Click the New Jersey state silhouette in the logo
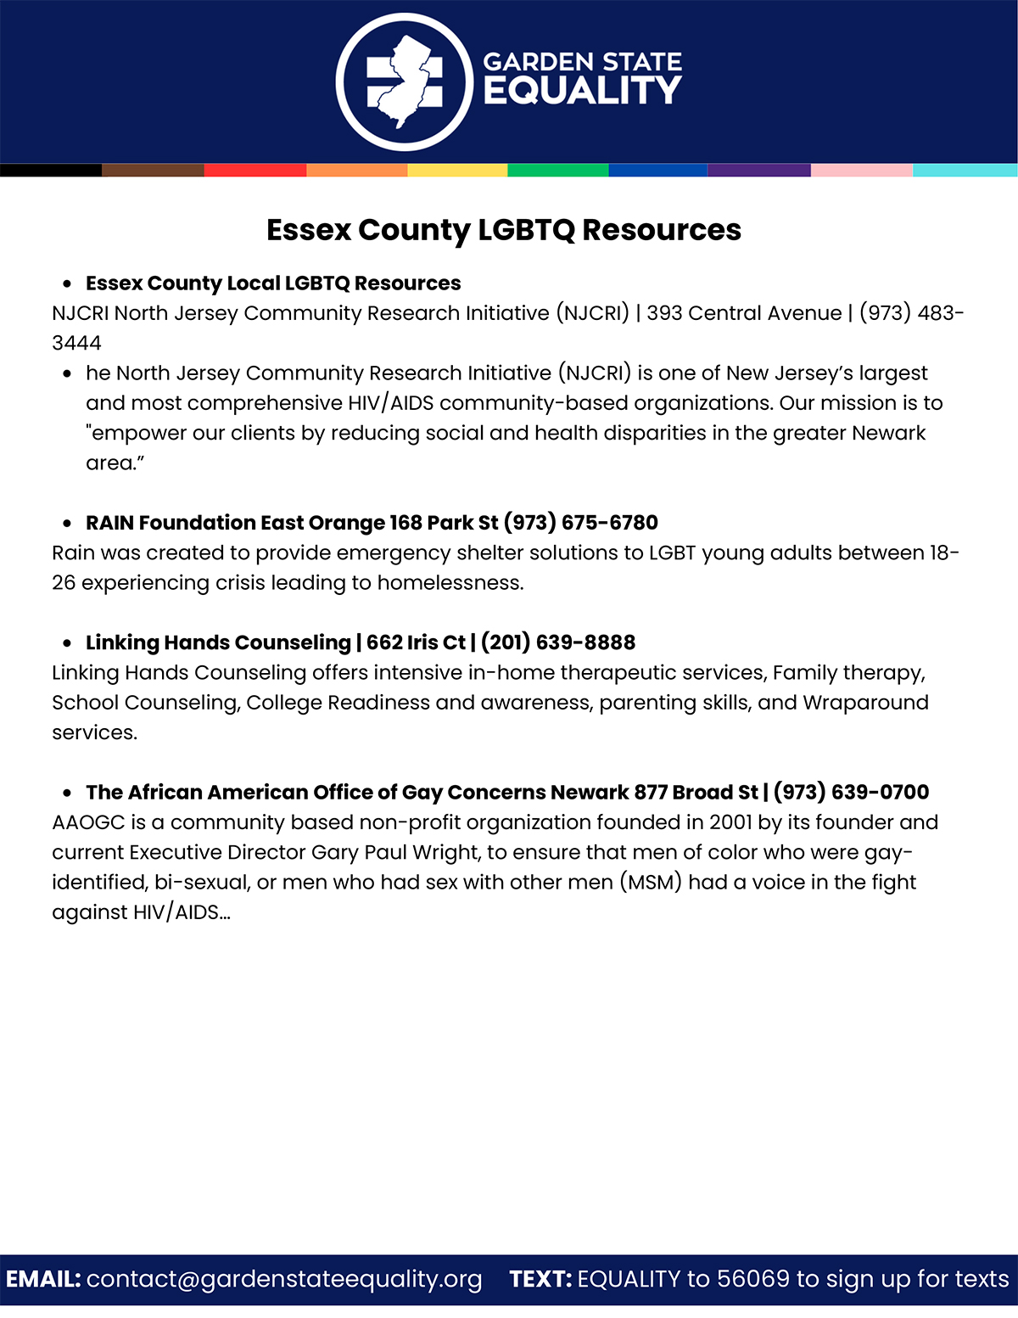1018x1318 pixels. pos(405,81)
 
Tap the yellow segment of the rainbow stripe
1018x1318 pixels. pos(457,171)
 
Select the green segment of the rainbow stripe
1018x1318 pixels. pos(558,171)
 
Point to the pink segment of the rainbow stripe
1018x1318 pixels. pos(862,171)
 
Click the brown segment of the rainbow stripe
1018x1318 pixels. pos(153,171)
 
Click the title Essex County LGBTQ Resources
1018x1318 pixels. pos(504,230)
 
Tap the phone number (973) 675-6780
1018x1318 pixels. pos(581,523)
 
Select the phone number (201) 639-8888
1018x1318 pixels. pos(558,642)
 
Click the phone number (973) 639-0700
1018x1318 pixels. pos(851,793)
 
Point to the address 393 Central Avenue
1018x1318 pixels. pos(744,313)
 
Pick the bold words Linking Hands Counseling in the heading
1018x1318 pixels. pos(218,642)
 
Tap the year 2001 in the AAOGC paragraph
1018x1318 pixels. pos(731,822)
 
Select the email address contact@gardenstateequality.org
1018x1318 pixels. pos(284,1279)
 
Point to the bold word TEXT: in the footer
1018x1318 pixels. pos(540,1279)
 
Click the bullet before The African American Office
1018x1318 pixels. pos(67,793)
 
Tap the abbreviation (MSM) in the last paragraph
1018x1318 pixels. pos(651,883)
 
